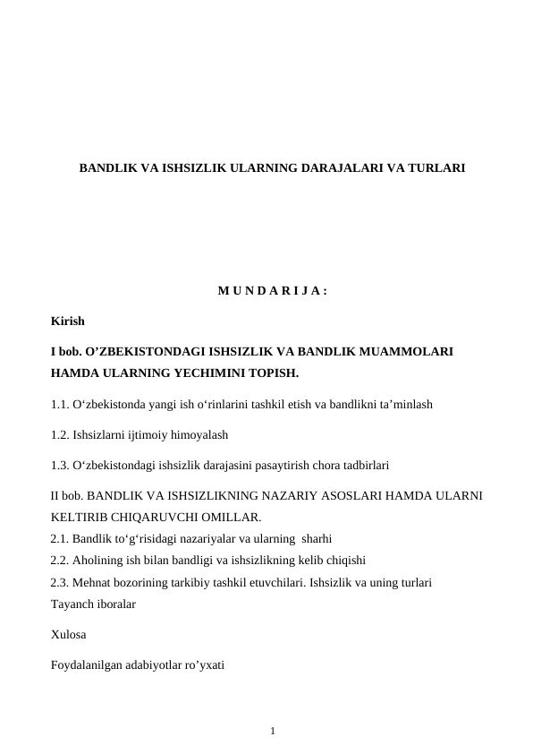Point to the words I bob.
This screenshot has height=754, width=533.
click(68, 352)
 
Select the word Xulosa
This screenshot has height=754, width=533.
click(69, 635)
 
